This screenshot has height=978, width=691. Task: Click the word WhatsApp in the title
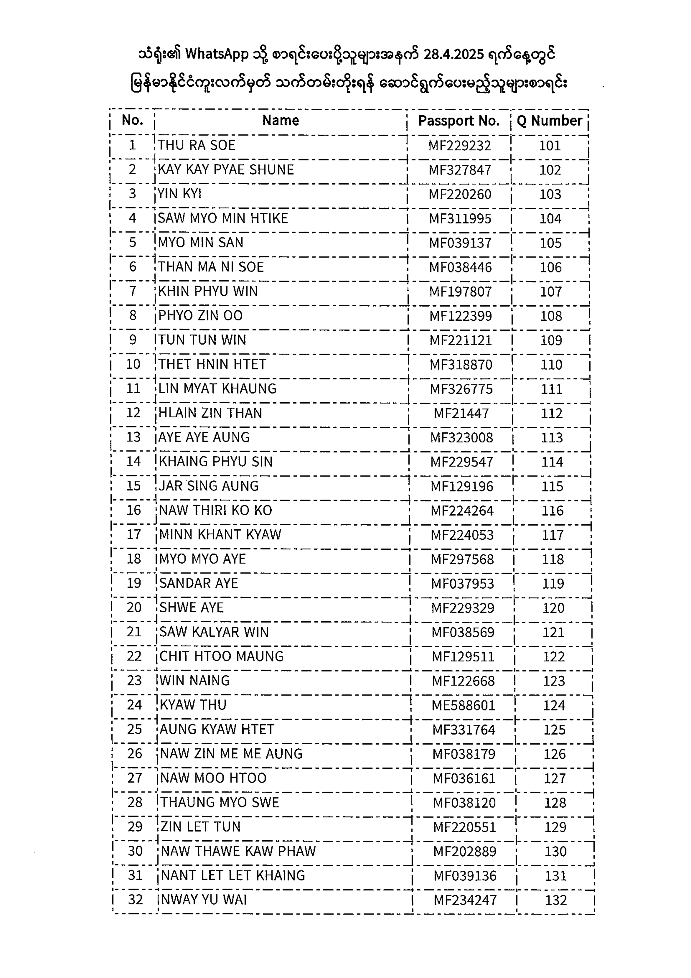[217, 55]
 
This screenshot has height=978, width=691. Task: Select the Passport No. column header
[459, 121]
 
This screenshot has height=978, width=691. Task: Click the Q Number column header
[549, 121]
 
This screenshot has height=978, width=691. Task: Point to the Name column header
[280, 121]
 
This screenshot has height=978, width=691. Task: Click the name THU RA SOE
[196, 145]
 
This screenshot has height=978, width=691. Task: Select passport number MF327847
[460, 170]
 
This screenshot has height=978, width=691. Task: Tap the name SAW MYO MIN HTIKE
[222, 218]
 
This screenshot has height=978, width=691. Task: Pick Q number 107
[551, 292]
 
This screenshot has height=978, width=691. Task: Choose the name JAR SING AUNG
[209, 486]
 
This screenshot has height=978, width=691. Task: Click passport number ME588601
[463, 705]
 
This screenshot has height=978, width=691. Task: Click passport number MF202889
[465, 852]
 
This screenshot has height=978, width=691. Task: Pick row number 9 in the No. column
[133, 340]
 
